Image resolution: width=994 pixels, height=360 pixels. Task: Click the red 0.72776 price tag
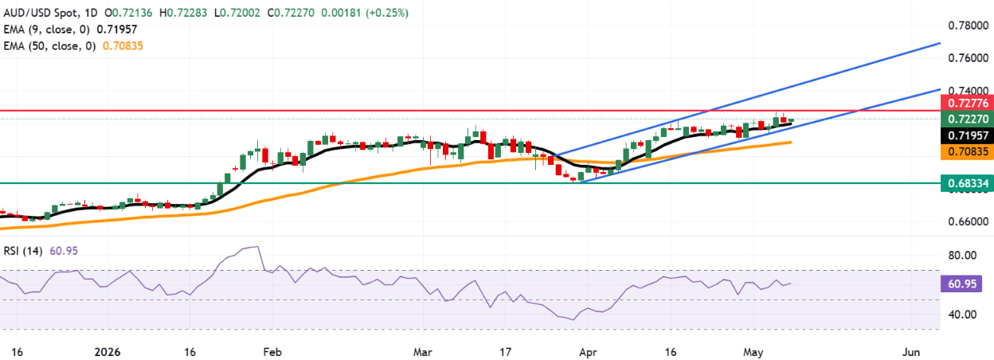[x=967, y=104]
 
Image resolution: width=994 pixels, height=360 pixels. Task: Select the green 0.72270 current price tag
[x=967, y=119]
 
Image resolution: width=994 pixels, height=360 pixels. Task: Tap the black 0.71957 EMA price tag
[x=967, y=135]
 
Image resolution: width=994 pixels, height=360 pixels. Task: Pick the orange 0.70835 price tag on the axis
[x=967, y=152]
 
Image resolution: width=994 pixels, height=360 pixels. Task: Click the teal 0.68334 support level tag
[x=967, y=183]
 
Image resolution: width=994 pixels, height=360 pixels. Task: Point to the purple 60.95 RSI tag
[x=961, y=284]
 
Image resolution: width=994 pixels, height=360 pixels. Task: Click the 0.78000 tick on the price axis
[x=968, y=25]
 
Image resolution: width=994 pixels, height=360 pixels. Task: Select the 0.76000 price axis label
[x=968, y=58]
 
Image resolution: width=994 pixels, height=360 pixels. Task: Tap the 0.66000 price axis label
[x=968, y=221]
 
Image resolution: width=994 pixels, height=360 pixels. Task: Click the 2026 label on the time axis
[x=108, y=353]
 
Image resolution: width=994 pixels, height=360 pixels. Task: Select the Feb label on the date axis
[x=272, y=353]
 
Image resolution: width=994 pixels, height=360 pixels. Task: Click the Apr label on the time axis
[x=588, y=353]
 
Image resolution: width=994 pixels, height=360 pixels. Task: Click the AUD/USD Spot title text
[x=40, y=13]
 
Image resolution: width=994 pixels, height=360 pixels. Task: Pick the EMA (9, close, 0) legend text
[x=46, y=29]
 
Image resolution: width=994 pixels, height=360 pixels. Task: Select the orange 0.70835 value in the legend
[x=123, y=46]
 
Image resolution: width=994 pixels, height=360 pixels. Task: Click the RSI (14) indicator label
[x=23, y=251]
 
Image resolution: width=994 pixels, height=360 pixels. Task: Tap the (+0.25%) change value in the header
[x=387, y=13]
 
